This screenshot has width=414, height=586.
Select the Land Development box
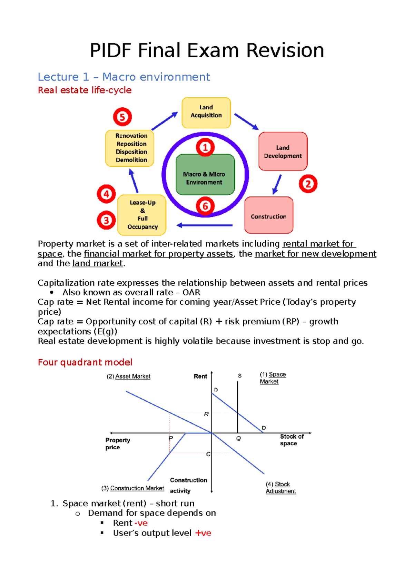click(x=283, y=152)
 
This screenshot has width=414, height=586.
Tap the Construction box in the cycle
click(x=269, y=215)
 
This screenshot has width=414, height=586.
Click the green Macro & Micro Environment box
click(x=205, y=175)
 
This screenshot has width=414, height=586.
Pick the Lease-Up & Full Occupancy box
click(x=142, y=215)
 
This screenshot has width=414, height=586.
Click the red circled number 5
click(x=122, y=117)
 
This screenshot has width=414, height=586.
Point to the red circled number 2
click(x=308, y=184)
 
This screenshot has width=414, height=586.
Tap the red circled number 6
click(x=205, y=206)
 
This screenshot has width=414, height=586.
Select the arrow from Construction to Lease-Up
click(x=204, y=225)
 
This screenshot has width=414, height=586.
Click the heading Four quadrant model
click(x=85, y=362)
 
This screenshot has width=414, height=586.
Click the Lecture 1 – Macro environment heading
click(x=124, y=77)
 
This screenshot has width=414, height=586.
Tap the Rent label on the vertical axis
click(x=200, y=376)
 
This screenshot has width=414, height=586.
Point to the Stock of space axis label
click(x=291, y=440)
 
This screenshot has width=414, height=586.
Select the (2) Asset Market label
click(x=128, y=376)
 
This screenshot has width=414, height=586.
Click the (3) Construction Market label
click(x=133, y=488)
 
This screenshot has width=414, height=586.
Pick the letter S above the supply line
click(x=239, y=375)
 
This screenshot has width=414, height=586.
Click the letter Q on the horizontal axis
click(x=238, y=438)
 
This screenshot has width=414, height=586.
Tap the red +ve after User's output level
click(x=203, y=533)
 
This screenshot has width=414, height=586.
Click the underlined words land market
click(x=98, y=263)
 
